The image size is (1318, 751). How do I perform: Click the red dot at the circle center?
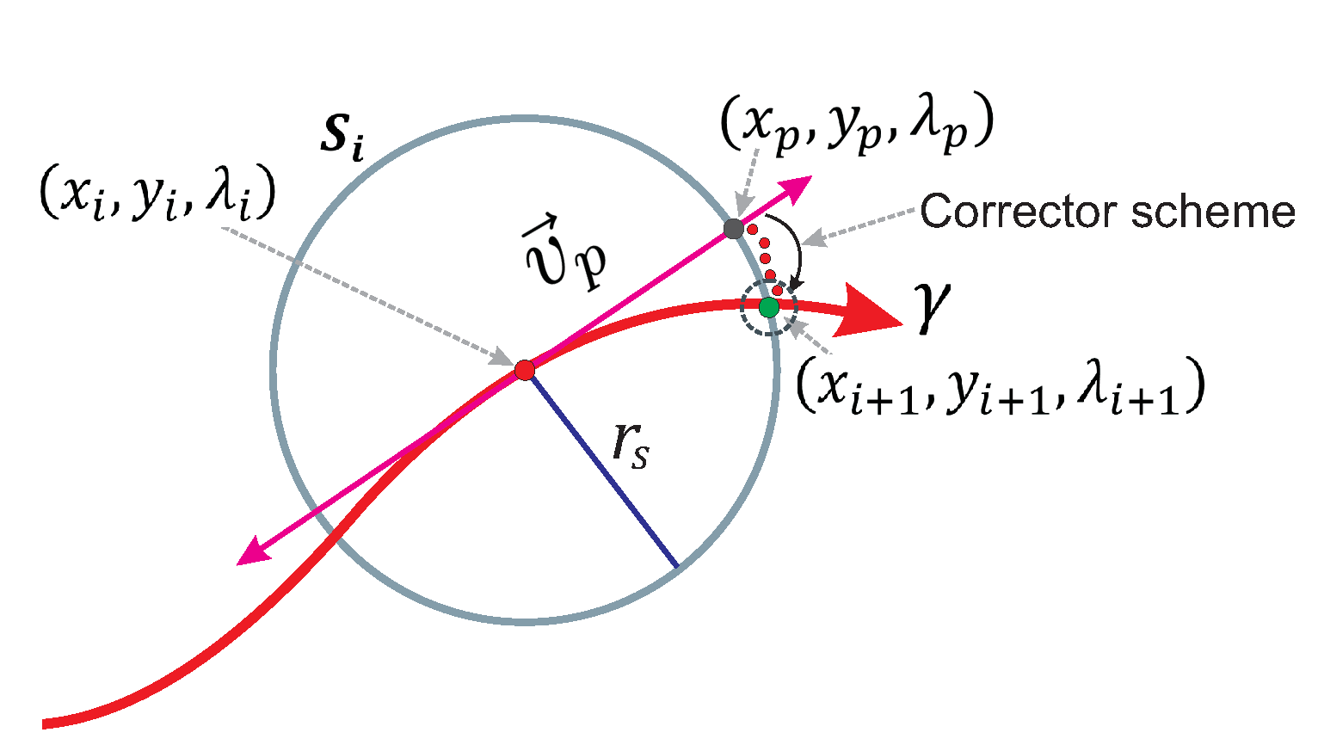[525, 370]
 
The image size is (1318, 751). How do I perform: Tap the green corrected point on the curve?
[769, 306]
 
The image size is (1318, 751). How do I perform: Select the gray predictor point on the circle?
[733, 229]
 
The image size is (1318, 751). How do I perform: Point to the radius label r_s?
[631, 445]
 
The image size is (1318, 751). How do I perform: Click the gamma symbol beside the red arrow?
[933, 310]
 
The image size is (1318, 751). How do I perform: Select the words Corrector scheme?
[1107, 212]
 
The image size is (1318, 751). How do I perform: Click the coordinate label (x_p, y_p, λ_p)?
[856, 126]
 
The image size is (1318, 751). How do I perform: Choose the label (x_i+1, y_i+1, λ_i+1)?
[1000, 388]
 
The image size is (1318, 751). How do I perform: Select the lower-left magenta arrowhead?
[252, 553]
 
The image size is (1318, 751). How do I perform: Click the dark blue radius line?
[602, 469]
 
